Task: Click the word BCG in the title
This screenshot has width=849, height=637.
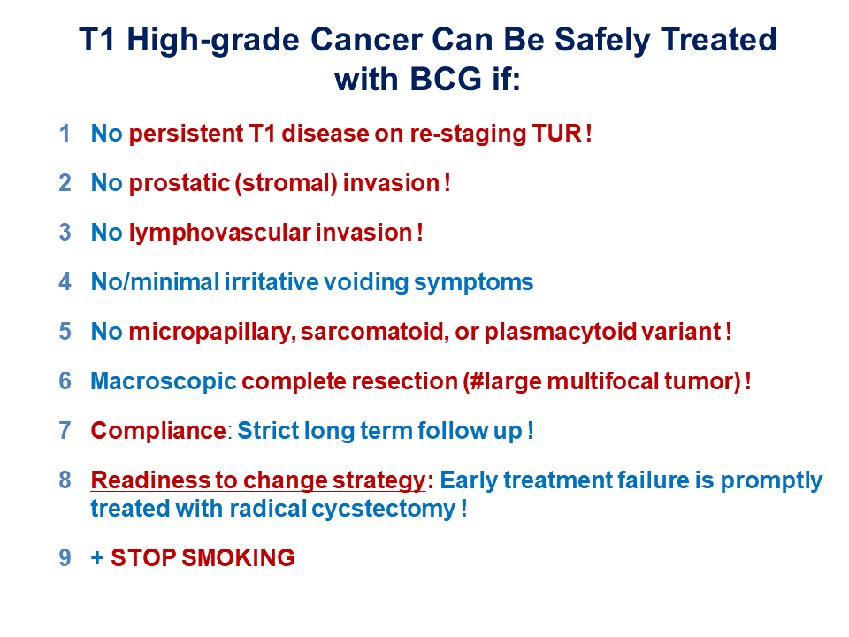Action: [x=445, y=79]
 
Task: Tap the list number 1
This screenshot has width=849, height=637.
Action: [x=65, y=134]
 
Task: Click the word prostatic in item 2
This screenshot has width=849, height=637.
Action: [x=180, y=183]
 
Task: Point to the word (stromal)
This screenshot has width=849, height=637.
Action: [x=287, y=183]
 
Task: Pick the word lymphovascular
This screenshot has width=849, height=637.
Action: [x=220, y=233]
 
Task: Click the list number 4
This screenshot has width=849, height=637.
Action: [x=65, y=282]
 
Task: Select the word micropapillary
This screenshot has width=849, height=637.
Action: [x=212, y=332]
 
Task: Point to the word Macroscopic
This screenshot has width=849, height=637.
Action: [x=164, y=381]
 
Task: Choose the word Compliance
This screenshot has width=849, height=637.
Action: [x=158, y=431]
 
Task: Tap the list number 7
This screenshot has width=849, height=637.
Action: [x=65, y=431]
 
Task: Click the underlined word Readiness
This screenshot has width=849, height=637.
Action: [x=150, y=480]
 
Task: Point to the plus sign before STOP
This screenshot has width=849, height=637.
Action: [x=97, y=558]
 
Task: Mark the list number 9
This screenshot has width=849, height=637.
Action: [x=65, y=558]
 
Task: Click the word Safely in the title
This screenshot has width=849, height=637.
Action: [x=602, y=41]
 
